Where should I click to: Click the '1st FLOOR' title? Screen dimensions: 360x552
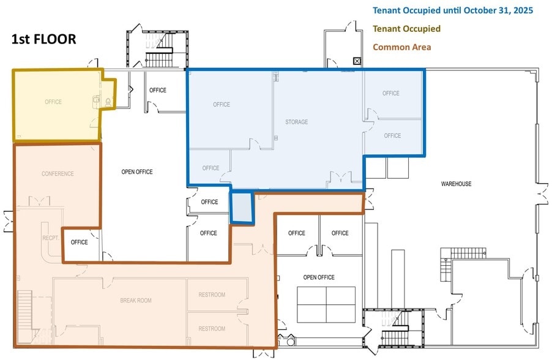43,39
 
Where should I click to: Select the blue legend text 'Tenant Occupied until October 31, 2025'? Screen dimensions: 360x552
453,10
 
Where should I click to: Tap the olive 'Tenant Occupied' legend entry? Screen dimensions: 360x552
406,29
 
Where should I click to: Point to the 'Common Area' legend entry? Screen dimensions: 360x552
401,47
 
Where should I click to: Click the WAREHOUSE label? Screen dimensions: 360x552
456,184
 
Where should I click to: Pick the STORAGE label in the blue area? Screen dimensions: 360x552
296,122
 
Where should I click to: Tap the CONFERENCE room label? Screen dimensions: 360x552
58,174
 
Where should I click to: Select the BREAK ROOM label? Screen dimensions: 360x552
135,301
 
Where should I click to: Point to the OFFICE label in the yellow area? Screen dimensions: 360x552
53,102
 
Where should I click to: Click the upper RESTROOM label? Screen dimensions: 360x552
212,295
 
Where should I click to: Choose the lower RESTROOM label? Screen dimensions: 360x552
212,329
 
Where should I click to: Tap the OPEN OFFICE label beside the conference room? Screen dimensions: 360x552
136,172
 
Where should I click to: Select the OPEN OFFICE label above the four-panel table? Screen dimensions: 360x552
319,277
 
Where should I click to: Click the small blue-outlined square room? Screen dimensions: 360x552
241,207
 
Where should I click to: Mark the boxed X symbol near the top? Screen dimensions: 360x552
357,61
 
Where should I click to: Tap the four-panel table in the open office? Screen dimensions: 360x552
326,304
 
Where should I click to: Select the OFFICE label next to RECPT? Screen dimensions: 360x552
79,242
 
